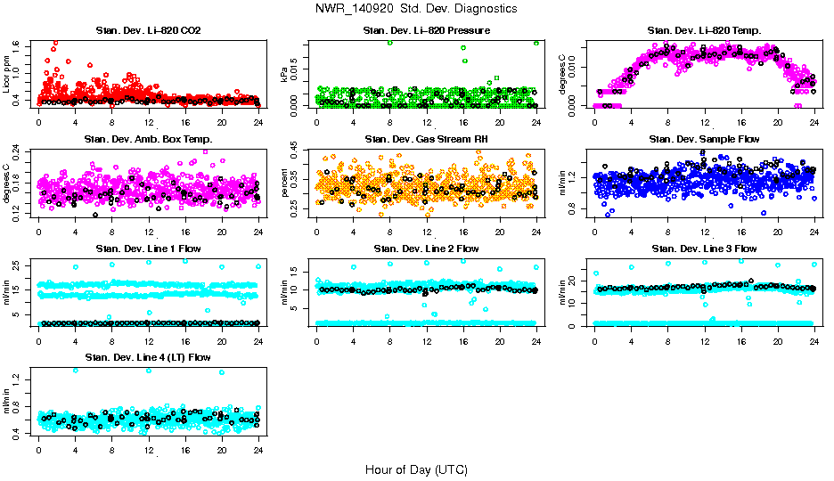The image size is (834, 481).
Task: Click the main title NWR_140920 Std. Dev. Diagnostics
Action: pyautogui.click(x=416, y=9)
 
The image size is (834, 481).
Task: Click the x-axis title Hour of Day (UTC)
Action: pyautogui.click(x=416, y=469)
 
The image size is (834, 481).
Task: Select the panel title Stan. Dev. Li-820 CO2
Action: pyautogui.click(x=148, y=31)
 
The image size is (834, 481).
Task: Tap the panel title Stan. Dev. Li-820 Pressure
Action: pyautogui.click(x=426, y=31)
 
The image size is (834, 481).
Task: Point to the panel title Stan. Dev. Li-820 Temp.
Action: pyautogui.click(x=704, y=31)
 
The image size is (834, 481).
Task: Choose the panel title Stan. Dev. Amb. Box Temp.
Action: pyautogui.click(x=148, y=140)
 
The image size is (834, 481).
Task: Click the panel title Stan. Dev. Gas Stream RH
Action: pyautogui.click(x=426, y=140)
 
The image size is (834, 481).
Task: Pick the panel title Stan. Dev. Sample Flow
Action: pyautogui.click(x=704, y=140)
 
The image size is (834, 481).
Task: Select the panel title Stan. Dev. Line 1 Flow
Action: pyautogui.click(x=148, y=249)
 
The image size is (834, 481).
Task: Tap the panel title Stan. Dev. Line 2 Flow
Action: pyautogui.click(x=426, y=249)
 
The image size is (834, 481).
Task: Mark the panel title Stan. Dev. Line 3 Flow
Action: pyautogui.click(x=704, y=249)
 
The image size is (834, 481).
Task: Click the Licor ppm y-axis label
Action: pyautogui.click(x=7, y=73)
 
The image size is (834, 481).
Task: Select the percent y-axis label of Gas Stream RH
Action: pyautogui.click(x=285, y=182)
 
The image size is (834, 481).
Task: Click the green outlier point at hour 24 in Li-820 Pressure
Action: pyautogui.click(x=536, y=43)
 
